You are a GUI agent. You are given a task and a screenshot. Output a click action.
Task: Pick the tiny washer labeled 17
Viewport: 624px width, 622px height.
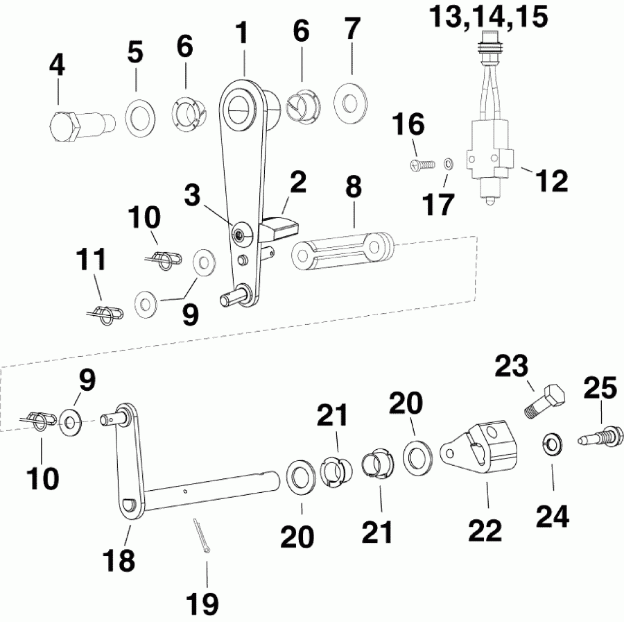point(449,165)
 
